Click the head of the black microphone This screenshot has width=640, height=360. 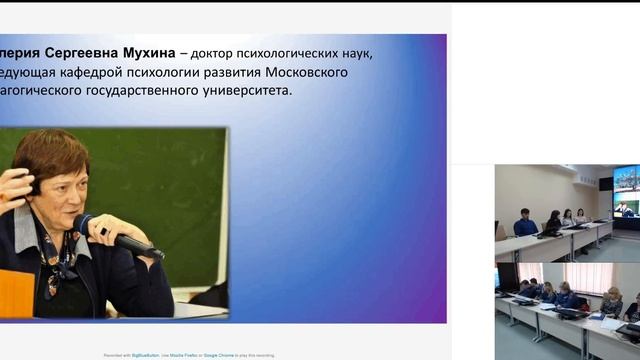pos(83,223)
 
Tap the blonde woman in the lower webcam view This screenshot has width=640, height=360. pos(611,300)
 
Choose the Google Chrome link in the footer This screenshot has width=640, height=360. pos(220,355)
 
